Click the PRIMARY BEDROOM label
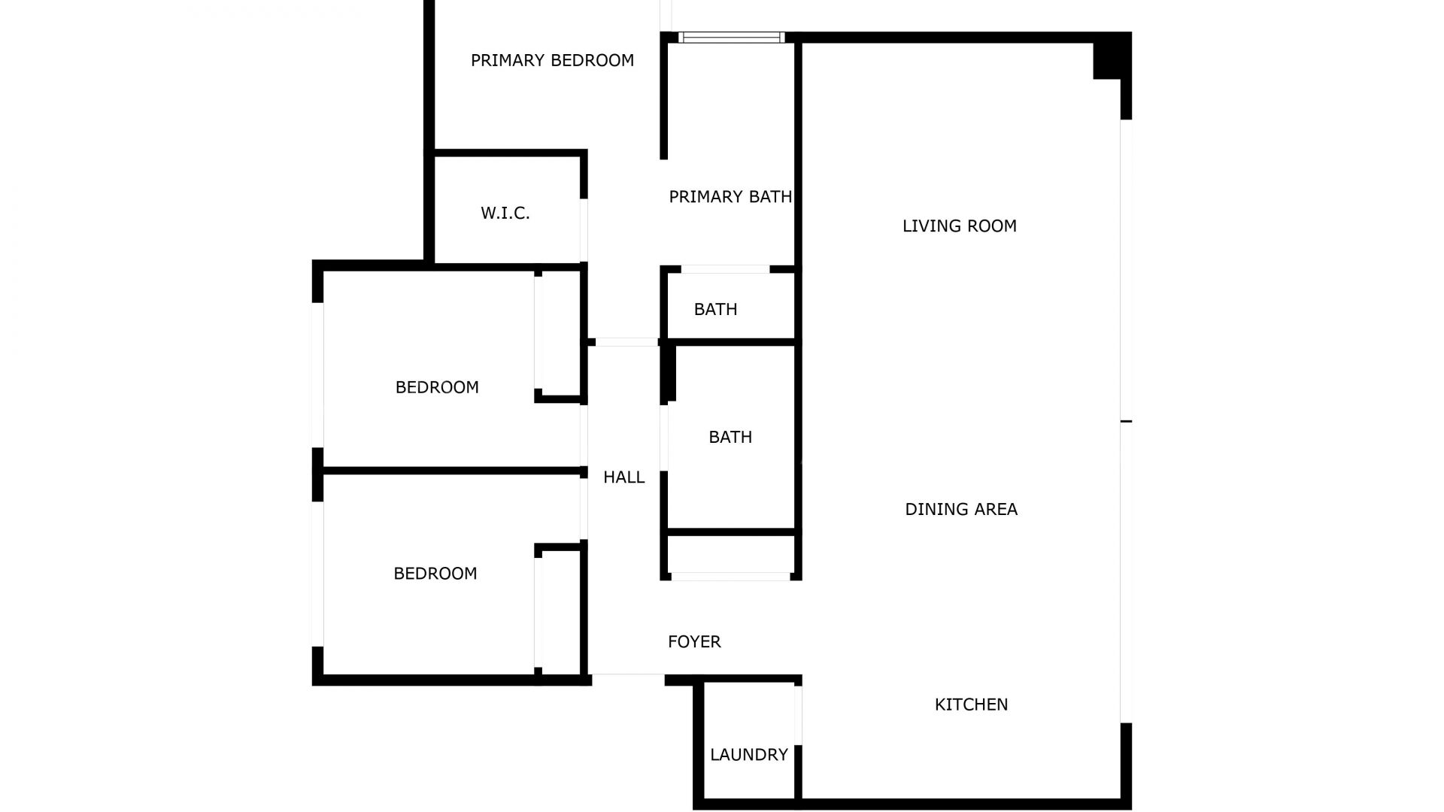coord(552,60)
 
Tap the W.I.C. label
coord(505,214)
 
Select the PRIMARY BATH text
coord(730,197)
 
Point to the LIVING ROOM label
coord(959,226)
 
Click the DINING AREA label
coord(960,510)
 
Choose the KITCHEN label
coord(971,704)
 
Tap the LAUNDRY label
coord(748,755)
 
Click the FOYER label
coord(694,642)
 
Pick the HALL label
coord(623,477)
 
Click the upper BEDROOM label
coord(437,388)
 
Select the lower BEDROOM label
coord(435,574)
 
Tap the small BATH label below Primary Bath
coord(715,310)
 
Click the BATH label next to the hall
coord(730,438)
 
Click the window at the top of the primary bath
coord(731,38)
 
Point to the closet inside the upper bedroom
coord(560,332)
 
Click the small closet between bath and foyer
coord(730,554)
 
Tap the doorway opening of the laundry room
coord(798,714)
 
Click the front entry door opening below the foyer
coord(628,678)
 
